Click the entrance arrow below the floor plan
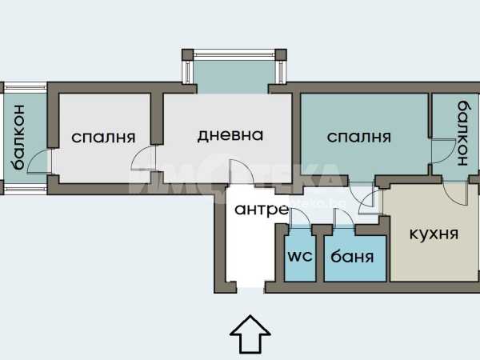(x=250, y=334)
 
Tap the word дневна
(x=230, y=135)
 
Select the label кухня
(x=434, y=234)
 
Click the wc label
(x=300, y=256)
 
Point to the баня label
(x=352, y=256)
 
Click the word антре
(x=262, y=210)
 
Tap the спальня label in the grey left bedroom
(x=103, y=137)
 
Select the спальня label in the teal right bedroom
(x=358, y=137)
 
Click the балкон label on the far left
(x=18, y=137)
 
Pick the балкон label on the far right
(x=463, y=133)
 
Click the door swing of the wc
(x=300, y=218)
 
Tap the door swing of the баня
(x=344, y=218)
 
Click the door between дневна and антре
(x=242, y=171)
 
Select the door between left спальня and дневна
(x=143, y=158)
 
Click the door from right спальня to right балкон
(x=443, y=150)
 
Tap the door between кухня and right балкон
(x=455, y=193)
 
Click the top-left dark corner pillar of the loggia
(x=188, y=54)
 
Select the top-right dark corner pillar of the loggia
(x=281, y=54)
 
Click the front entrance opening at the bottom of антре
(x=250, y=289)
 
